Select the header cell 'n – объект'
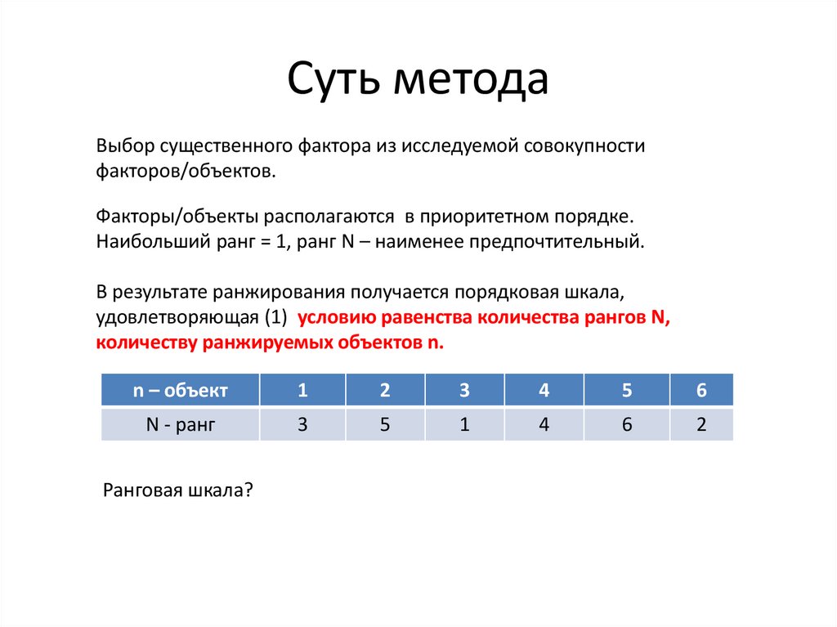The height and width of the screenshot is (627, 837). click(x=180, y=390)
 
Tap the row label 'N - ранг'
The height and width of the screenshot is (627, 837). click(x=180, y=424)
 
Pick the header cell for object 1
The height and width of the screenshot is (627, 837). click(x=302, y=390)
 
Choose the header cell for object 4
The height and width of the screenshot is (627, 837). click(x=544, y=390)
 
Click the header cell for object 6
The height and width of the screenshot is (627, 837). click(x=701, y=390)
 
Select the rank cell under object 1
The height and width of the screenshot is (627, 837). click(x=302, y=424)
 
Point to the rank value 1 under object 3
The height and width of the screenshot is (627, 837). click(x=464, y=424)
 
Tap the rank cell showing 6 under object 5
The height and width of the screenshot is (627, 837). click(x=627, y=424)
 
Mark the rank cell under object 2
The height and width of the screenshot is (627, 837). click(x=385, y=424)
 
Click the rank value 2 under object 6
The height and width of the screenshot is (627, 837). click(x=701, y=424)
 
